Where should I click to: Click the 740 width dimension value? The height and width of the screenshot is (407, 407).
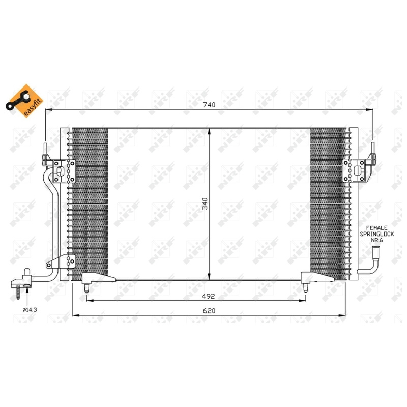click(x=209, y=105)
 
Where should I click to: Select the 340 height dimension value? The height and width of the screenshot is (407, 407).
click(x=205, y=203)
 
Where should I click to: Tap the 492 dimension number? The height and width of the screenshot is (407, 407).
click(x=209, y=296)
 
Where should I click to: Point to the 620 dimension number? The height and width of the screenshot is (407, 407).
click(x=209, y=311)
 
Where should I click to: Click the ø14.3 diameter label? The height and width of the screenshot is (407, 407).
click(x=30, y=310)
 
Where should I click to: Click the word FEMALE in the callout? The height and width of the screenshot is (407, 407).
click(x=376, y=228)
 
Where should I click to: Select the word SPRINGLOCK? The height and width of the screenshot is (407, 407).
click(x=376, y=234)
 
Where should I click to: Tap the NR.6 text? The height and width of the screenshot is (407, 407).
click(x=376, y=240)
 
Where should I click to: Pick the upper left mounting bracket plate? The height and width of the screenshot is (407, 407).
click(x=64, y=171)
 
